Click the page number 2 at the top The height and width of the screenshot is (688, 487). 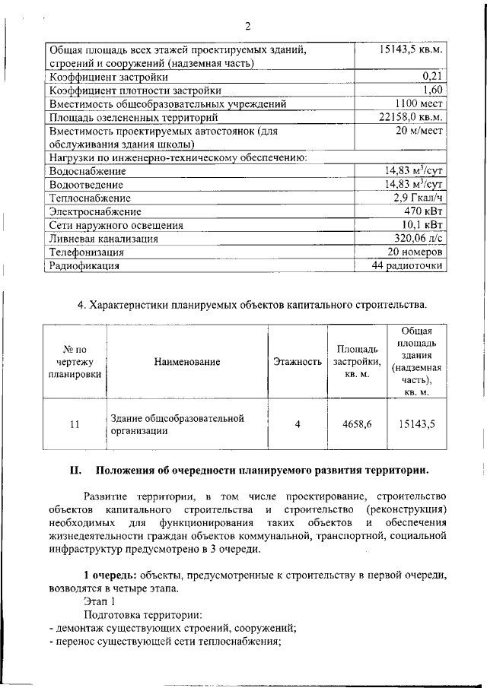point(247,27)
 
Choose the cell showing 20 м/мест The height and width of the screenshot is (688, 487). point(419,132)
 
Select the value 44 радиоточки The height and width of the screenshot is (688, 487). point(407,266)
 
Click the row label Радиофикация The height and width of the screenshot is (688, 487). point(84,266)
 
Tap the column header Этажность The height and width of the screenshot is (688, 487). point(297,362)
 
